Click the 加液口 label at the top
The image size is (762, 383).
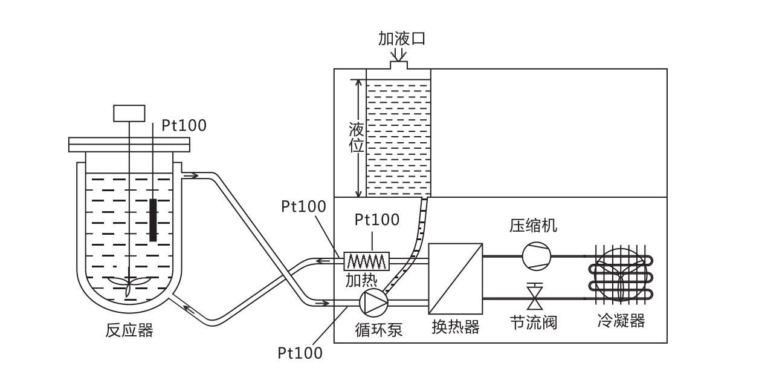(x=402, y=39)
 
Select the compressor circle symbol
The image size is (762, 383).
(x=537, y=255)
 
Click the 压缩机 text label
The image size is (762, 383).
(x=533, y=226)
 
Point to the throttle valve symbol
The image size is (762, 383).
(x=534, y=297)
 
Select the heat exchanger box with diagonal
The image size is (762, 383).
(x=456, y=278)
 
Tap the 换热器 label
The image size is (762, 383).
(x=455, y=327)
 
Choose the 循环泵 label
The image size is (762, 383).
(x=378, y=330)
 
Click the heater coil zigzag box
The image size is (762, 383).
(x=366, y=261)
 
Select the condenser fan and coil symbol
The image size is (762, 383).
(x=622, y=274)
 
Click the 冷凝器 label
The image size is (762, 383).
(x=621, y=321)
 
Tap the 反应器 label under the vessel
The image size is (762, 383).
(x=129, y=330)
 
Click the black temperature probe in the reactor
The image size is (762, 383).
(x=153, y=220)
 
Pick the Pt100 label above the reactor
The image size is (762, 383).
(x=184, y=125)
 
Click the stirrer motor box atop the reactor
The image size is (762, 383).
(x=129, y=113)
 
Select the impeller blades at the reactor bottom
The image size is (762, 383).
(x=129, y=284)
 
